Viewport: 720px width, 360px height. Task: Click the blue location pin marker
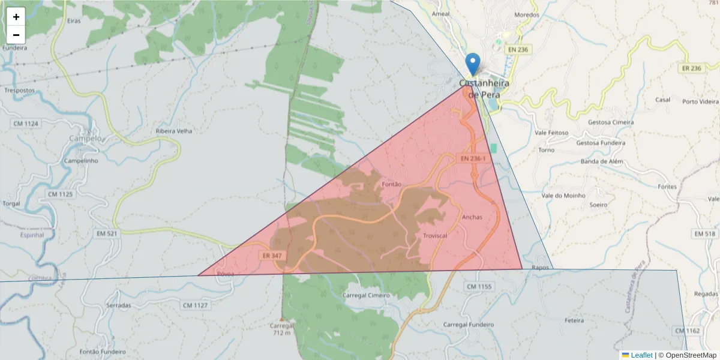(x=473, y=64)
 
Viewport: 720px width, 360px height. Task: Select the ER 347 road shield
(x=272, y=255)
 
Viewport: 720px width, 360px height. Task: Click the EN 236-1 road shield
(x=473, y=158)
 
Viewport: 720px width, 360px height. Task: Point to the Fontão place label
(x=391, y=184)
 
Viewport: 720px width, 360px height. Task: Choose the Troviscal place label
(x=435, y=236)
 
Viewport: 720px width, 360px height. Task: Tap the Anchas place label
(x=472, y=217)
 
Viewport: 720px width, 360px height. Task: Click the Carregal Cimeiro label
(x=365, y=295)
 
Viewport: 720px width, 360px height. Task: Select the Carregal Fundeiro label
(x=468, y=324)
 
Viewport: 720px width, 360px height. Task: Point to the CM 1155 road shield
(x=478, y=287)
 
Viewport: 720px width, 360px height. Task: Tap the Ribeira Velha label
(x=173, y=131)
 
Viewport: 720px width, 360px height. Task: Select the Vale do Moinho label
(x=562, y=196)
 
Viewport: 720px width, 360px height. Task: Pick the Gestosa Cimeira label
(x=611, y=122)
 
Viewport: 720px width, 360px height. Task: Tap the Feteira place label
(x=574, y=320)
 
